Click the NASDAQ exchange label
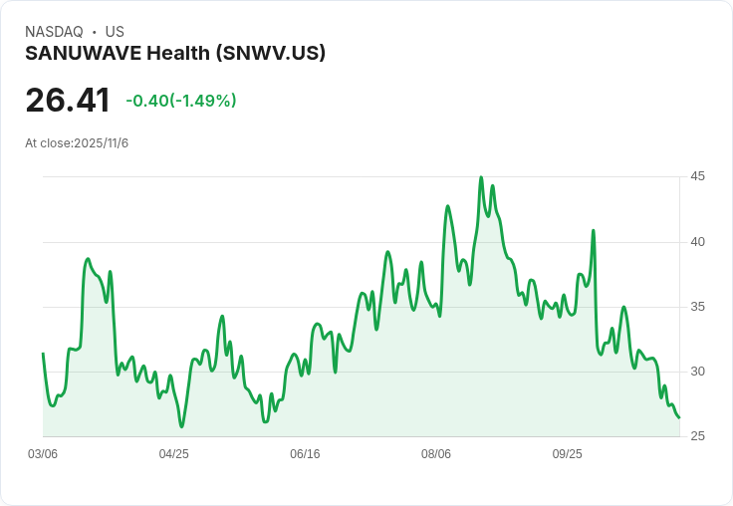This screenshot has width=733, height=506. tap(54, 32)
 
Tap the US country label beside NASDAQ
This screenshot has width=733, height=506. tap(115, 32)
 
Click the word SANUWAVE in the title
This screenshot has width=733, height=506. tap(83, 53)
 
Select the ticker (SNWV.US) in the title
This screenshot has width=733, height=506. tap(271, 53)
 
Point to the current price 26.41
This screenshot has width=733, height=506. tap(68, 101)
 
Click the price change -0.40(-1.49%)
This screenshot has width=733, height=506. tap(181, 101)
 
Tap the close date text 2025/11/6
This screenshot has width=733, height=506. tap(102, 143)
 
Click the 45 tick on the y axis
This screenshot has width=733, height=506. tap(698, 176)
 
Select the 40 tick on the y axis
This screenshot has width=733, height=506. tap(698, 241)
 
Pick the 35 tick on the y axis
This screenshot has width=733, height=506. tap(698, 307)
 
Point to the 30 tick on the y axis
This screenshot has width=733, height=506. tap(698, 372)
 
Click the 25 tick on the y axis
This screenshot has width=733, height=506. tap(698, 436)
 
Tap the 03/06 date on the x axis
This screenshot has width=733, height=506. tap(43, 454)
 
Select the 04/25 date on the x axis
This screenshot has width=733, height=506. tap(174, 454)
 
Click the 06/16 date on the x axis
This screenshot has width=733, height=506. tap(305, 454)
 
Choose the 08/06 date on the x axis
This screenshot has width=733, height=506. tap(436, 454)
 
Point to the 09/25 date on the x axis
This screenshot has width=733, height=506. tap(567, 454)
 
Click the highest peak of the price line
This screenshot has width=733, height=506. tap(481, 178)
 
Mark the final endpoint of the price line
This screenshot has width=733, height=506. tap(679, 417)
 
